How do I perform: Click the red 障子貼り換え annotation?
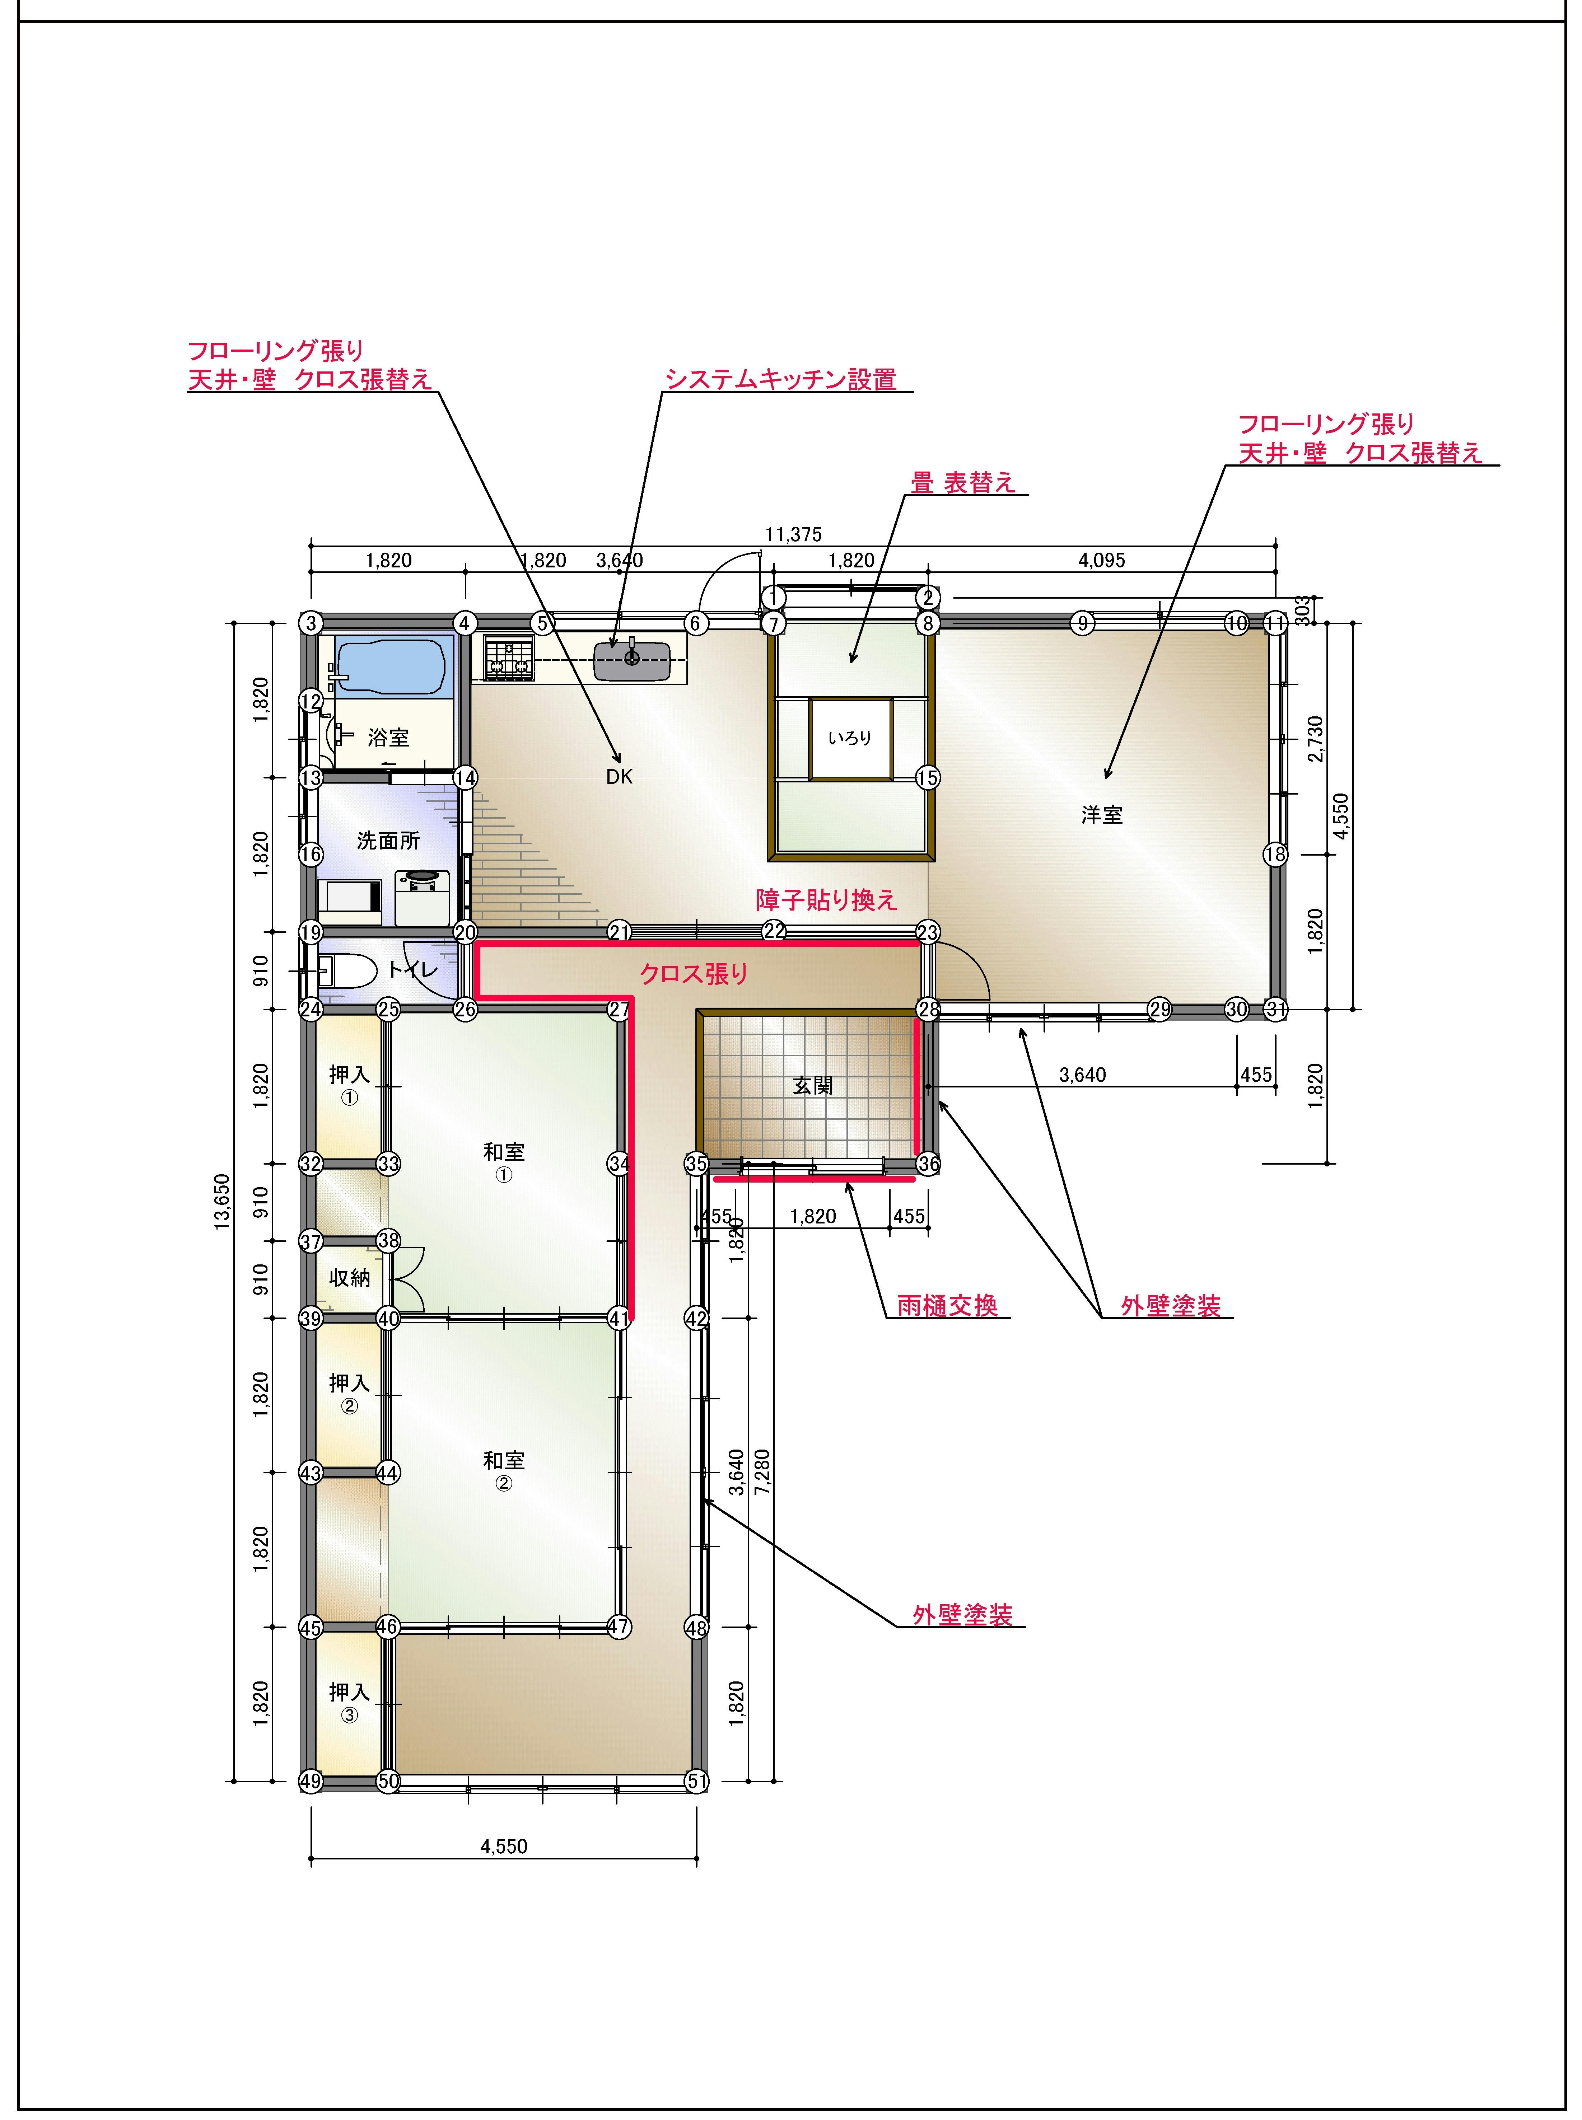click(826, 900)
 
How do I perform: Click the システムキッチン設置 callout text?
click(780, 380)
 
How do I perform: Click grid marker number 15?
click(927, 777)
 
